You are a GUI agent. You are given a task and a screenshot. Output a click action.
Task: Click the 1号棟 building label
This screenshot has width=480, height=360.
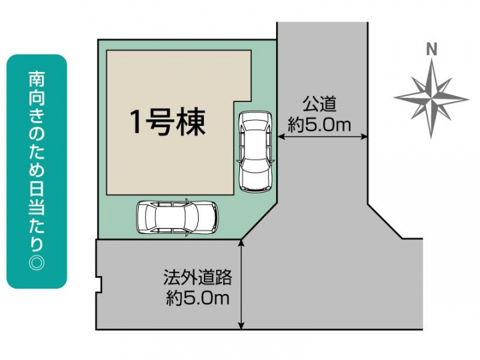coord(167,123)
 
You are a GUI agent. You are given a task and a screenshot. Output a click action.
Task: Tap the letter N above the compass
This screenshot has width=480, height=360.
coord(431,49)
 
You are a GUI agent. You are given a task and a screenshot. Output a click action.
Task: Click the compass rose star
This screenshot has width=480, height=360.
coord(431,97)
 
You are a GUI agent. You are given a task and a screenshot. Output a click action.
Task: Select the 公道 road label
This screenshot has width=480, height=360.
coord(320,105)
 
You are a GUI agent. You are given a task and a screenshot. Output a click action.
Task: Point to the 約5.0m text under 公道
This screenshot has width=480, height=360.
coord(320,125)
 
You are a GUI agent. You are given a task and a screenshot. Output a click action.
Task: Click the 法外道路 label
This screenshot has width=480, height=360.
coord(197,277)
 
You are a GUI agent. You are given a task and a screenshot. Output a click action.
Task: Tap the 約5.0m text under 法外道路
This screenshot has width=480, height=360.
coord(197,298)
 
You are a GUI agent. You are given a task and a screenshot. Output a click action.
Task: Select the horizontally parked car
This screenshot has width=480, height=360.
coord(177,216)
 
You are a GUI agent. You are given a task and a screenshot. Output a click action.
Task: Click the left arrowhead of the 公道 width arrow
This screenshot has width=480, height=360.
coord(280,137)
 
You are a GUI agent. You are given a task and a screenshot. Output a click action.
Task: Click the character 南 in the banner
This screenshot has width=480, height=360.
coord(37,79)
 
